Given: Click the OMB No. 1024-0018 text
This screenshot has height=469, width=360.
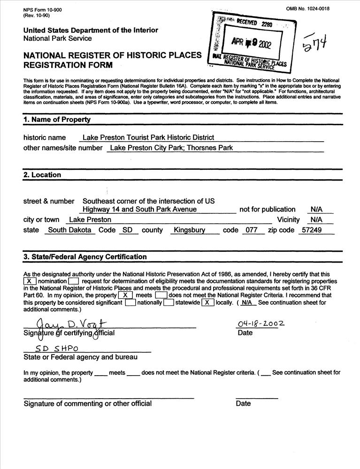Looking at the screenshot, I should coord(307,9).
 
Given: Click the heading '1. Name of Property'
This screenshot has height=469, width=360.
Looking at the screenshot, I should coord(57,120).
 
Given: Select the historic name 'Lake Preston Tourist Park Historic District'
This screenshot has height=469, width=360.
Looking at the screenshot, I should coord(148,137).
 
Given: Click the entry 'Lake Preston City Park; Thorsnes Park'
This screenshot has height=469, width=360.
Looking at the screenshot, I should coord(170,148).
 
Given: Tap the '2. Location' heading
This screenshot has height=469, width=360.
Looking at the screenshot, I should coord(42,175).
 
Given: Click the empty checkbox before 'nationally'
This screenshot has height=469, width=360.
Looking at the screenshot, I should coord(130,303).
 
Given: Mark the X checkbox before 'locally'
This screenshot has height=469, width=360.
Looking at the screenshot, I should coord(207,303).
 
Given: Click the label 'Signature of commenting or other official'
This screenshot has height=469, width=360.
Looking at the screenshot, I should coord(88,403).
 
